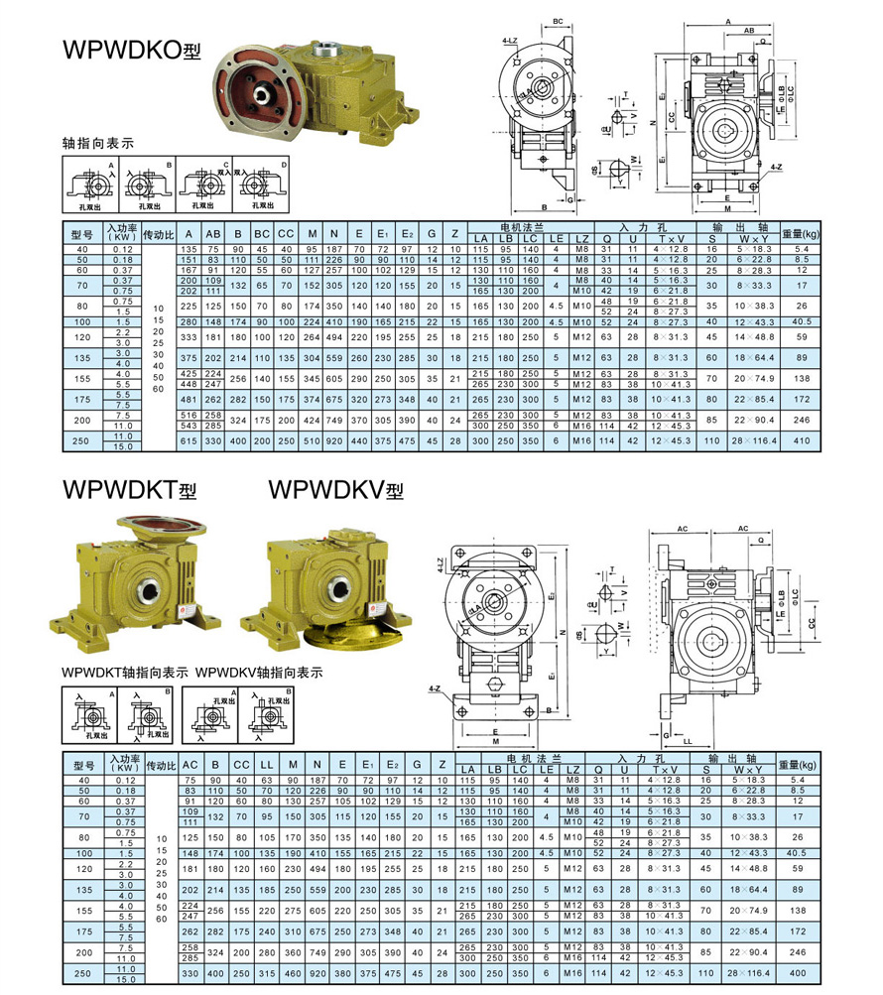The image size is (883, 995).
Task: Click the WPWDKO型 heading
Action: [123, 51]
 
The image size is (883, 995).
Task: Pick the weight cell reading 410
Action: [802, 440]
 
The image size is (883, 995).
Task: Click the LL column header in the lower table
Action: [266, 765]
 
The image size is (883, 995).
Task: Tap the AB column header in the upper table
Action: [212, 234]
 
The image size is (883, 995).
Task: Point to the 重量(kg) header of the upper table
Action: [801, 234]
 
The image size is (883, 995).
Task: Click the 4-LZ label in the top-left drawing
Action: [511, 41]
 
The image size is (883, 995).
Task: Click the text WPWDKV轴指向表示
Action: [260, 672]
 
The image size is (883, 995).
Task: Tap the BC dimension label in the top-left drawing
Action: [558, 20]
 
